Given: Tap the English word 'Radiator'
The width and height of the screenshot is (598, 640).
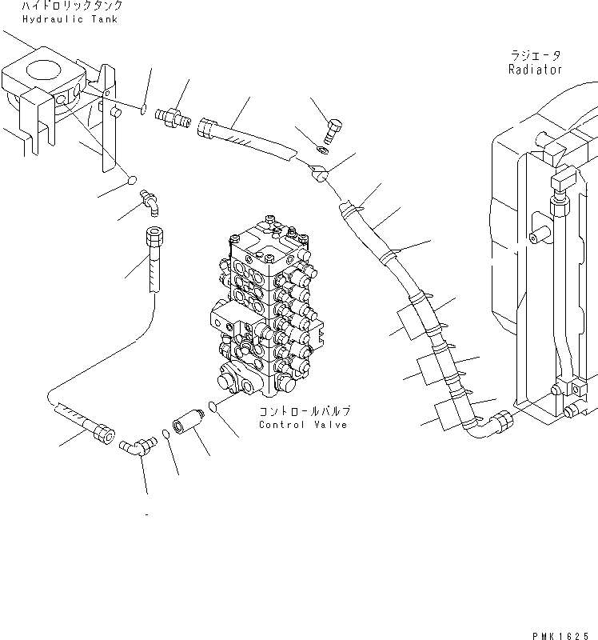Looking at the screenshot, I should point(535,70).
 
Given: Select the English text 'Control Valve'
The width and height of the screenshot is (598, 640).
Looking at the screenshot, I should point(303,425).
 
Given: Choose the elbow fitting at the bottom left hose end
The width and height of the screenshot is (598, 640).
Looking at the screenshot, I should point(134,446).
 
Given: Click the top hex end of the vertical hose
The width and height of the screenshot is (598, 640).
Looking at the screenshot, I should point(154,238).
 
